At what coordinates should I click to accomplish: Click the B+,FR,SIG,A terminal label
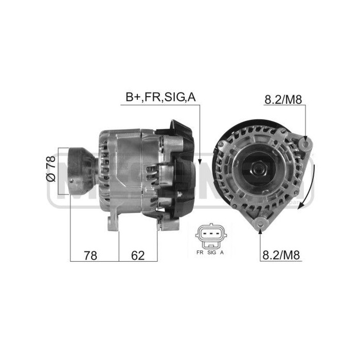[x=160, y=97]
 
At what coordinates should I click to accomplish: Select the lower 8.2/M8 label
[x=281, y=254]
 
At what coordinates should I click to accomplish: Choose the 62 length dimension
[x=138, y=255]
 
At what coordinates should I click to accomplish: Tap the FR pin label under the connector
[x=199, y=253]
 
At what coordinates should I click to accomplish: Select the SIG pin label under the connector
[x=211, y=253]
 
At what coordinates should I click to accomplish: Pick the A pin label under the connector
[x=222, y=253]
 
